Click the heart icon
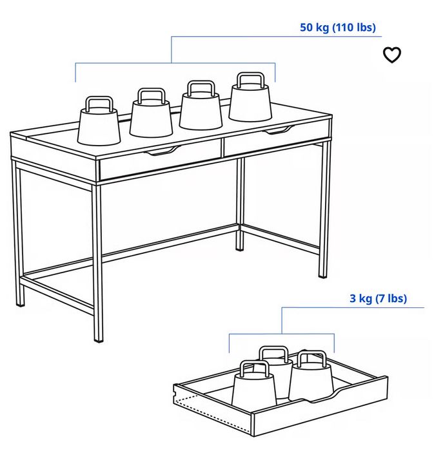[392, 55]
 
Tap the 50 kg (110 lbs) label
[337, 28]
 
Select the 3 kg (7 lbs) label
[378, 298]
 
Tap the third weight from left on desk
[201, 110]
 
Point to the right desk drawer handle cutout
[276, 131]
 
